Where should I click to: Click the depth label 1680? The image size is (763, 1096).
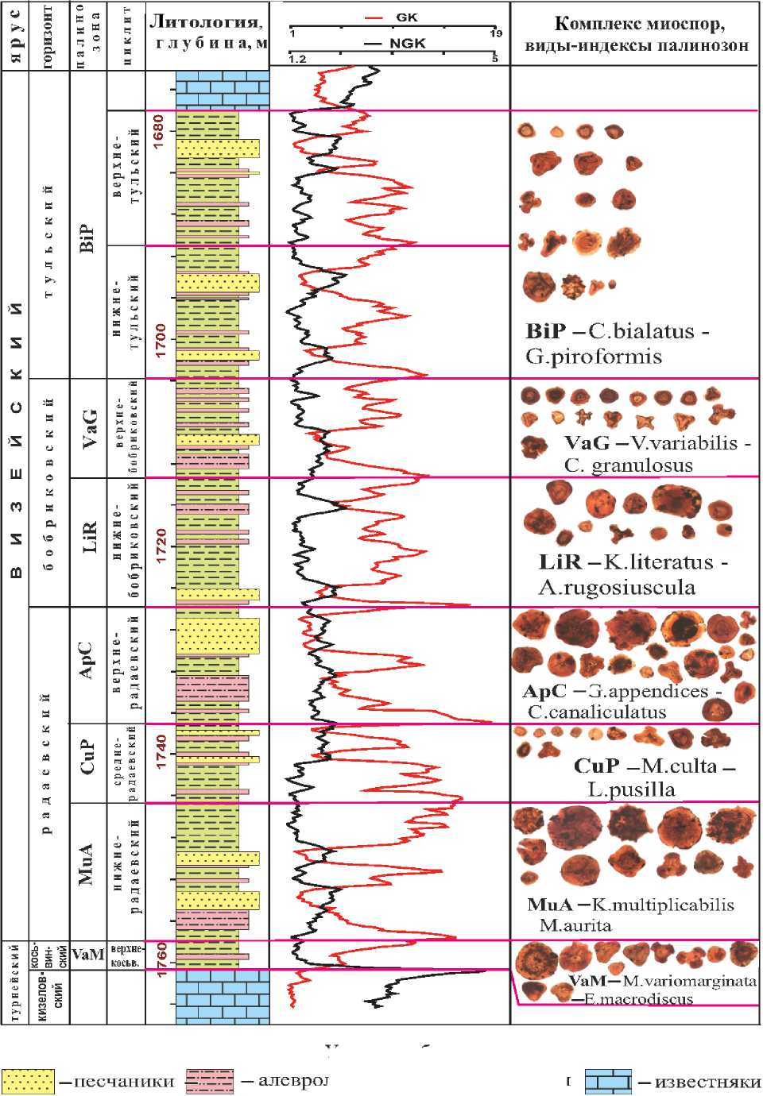tap(158, 130)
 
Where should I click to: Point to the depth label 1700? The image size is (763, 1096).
tap(160, 340)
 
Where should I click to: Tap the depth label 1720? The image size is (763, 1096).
tap(160, 546)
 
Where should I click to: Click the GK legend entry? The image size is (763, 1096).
tap(405, 17)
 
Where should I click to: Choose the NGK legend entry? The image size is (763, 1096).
tap(407, 44)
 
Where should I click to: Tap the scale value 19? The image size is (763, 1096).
tap(496, 33)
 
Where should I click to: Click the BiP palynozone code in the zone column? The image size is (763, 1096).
tap(87, 236)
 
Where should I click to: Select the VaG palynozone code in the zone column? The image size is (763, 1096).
tap(88, 428)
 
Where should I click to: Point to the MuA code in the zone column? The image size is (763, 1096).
tap(88, 864)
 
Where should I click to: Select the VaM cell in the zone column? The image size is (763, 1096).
tap(87, 954)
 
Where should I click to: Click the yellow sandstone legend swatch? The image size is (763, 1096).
tap(28, 1081)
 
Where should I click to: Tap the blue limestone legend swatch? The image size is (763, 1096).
tap(608, 1082)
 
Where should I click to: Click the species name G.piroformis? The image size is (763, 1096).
tap(593, 357)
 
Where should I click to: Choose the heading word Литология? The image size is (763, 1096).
tap(205, 22)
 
